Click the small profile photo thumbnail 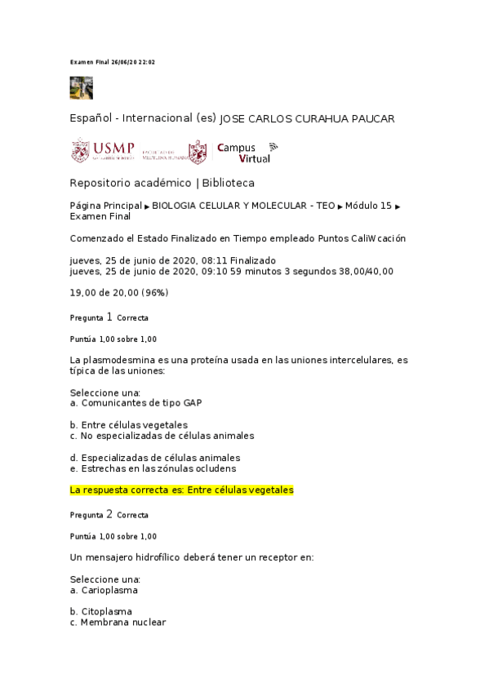click(x=81, y=87)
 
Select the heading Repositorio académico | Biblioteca click(x=162, y=183)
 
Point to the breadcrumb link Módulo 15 click(x=368, y=207)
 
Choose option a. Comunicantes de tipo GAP click(x=136, y=403)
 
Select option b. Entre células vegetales click(x=129, y=425)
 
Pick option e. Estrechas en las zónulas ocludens click(x=153, y=468)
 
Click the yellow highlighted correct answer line click(x=181, y=490)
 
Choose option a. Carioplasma click(x=104, y=589)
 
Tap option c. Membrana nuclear click(x=118, y=622)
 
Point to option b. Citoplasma click(x=101, y=611)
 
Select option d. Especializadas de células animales click(x=155, y=458)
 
